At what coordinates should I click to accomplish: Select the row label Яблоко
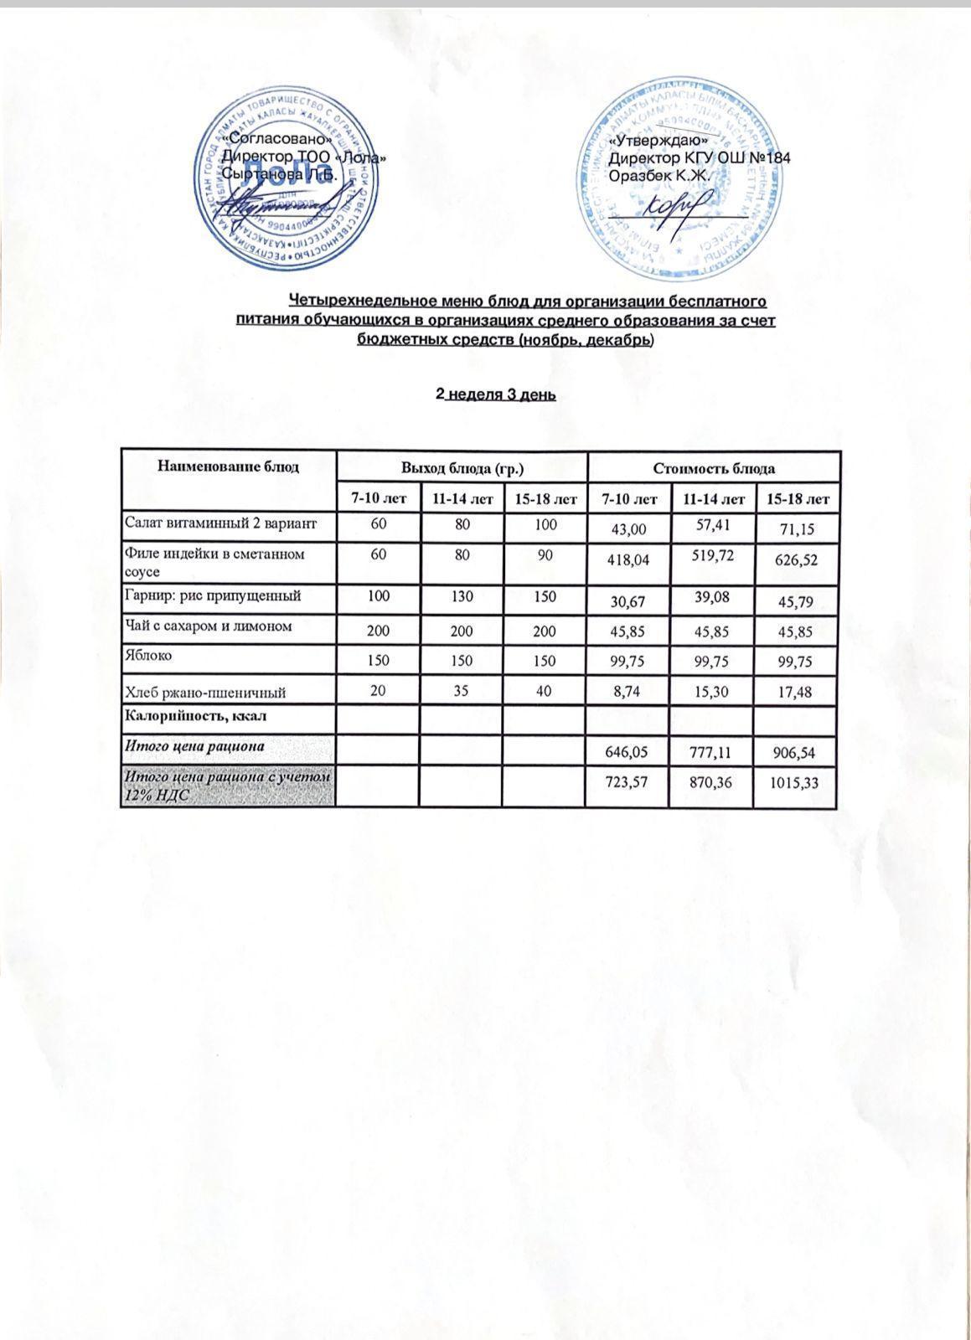[148, 656]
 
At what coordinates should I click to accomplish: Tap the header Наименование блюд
[229, 466]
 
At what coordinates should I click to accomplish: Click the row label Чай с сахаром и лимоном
[208, 626]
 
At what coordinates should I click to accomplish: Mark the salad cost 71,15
[797, 529]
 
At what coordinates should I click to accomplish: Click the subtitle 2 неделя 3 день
[496, 394]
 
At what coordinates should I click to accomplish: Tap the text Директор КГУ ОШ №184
[700, 158]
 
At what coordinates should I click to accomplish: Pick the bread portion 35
[461, 692]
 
